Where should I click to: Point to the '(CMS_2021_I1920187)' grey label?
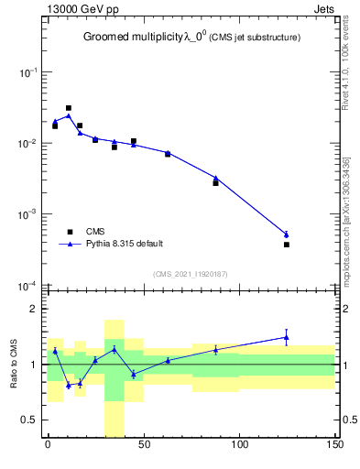click(191, 273)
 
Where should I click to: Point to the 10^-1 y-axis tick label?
click(29, 72)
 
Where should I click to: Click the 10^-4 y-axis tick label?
click(29, 286)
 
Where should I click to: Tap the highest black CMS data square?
click(69, 108)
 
